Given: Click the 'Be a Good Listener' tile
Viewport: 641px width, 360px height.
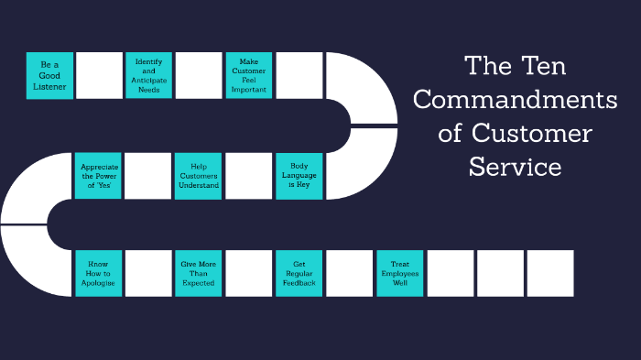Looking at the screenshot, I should coord(49,75).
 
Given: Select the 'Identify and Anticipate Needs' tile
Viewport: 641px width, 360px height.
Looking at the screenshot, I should coord(148,75).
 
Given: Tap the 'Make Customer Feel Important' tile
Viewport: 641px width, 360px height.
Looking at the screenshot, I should coord(248,75).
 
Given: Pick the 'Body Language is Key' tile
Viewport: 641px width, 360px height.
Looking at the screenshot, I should coord(299,175).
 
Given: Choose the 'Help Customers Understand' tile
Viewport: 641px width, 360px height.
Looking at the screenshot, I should coord(199,175).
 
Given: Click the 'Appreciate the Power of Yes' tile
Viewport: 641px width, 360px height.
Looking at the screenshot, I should coord(98,175).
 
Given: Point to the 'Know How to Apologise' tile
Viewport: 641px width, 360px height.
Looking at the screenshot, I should coord(98,273).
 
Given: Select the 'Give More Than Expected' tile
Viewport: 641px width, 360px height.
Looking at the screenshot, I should coord(199,273).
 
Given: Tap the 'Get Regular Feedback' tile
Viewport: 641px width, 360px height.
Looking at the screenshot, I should coord(299,273).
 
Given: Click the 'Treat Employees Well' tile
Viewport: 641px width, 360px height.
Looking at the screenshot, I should coord(399,273).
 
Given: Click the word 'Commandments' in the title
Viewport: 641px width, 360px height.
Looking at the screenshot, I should coord(516,99).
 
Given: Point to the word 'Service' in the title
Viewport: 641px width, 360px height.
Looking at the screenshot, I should coord(515,168).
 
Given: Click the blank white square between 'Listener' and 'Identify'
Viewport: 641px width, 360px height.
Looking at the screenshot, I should coord(99,75).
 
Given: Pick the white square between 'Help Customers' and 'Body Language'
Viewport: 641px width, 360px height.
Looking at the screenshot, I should coord(248,175).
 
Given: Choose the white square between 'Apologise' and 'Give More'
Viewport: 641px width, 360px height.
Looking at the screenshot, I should coord(148,273).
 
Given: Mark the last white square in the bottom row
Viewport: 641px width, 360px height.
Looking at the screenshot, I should coord(550,273).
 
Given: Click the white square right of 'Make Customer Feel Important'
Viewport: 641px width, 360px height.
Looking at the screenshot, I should coord(299,75).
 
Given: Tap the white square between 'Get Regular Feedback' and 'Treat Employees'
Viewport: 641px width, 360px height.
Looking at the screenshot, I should coord(349,273).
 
